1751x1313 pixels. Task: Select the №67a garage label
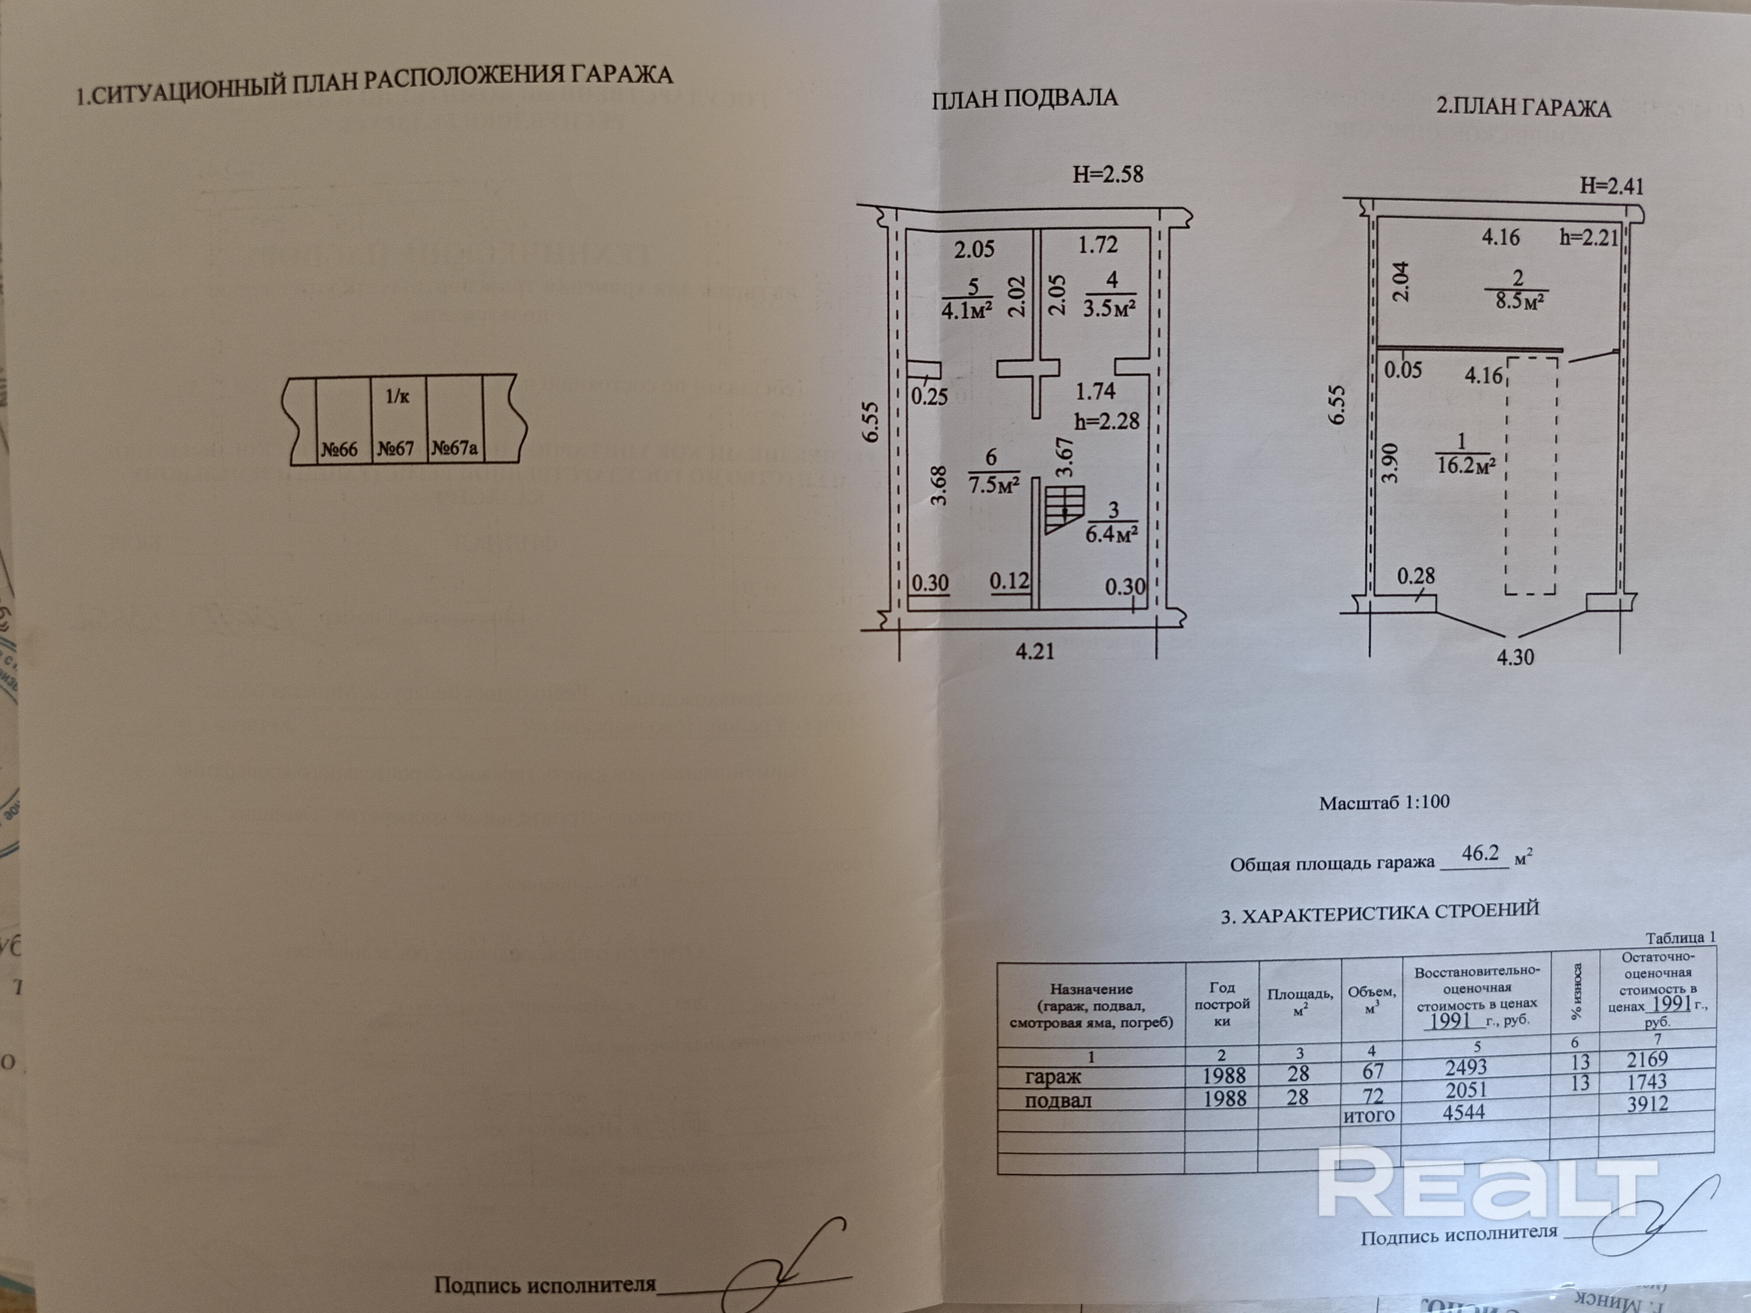point(454,449)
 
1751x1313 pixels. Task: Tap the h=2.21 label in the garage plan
point(1589,237)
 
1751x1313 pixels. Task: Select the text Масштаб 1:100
point(1385,803)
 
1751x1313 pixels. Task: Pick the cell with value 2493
point(1466,1067)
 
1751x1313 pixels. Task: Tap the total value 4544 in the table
point(1464,1113)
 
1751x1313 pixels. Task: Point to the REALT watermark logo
point(1488,1183)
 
